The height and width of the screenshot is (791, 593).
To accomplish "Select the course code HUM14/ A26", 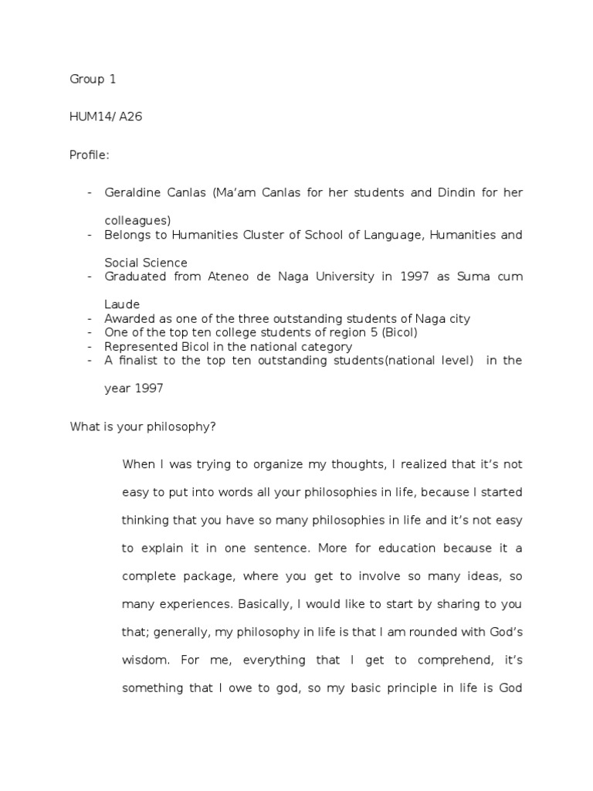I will click(x=106, y=117).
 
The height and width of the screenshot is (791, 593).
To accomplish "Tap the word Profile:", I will click(x=90, y=155).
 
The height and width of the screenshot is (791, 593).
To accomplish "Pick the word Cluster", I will click(x=262, y=235).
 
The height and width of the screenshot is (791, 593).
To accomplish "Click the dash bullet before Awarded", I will click(x=90, y=319).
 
